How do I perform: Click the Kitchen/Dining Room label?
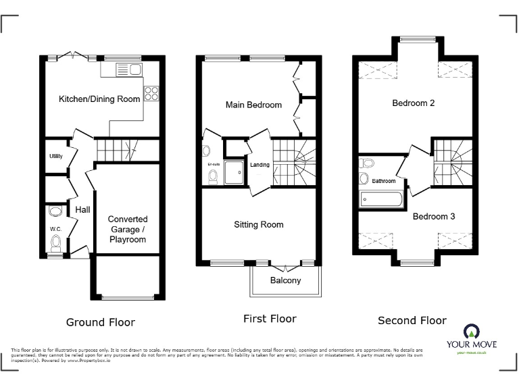[x=99, y=99]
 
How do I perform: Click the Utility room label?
[x=55, y=156]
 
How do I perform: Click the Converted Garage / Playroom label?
[x=127, y=230]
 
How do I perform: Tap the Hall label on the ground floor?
[x=82, y=210]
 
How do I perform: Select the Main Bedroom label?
[x=253, y=105]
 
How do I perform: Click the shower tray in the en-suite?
[x=235, y=172]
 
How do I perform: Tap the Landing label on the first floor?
[x=259, y=165]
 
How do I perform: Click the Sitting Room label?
[x=259, y=224]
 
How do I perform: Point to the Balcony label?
[x=285, y=280]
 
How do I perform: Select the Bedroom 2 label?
[x=413, y=103]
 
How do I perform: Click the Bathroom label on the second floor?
[x=383, y=181]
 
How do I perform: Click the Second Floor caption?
[x=412, y=320]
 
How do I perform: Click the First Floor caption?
[x=270, y=318]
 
